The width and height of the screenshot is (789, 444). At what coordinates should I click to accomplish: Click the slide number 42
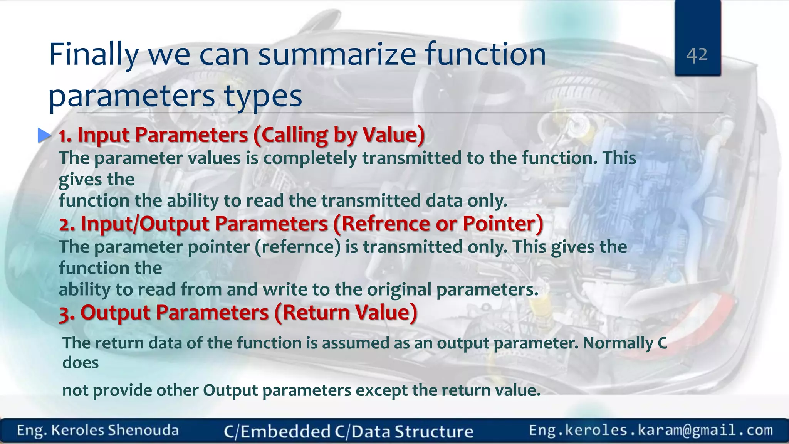point(697,55)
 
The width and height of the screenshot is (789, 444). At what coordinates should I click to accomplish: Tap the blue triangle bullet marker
point(44,135)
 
